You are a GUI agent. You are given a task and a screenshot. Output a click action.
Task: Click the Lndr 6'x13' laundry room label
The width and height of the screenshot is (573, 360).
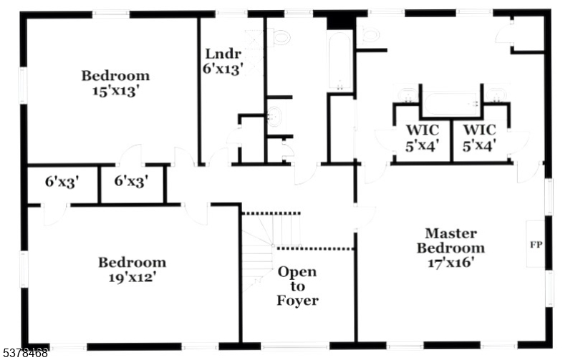pos(223,61)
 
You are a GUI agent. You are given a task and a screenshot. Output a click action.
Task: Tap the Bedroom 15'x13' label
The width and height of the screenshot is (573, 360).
pos(115,83)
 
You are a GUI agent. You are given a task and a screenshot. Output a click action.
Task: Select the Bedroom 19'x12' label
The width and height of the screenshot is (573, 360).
pos(132,269)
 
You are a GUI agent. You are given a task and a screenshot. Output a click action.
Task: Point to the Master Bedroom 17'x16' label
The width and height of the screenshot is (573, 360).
pos(451,248)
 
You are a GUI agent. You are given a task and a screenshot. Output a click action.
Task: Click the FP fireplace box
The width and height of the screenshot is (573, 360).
pos(535,244)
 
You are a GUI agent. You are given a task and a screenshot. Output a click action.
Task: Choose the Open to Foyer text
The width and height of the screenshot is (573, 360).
pos(297,286)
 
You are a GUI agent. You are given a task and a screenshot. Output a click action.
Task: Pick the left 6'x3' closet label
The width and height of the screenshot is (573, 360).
pos(62,182)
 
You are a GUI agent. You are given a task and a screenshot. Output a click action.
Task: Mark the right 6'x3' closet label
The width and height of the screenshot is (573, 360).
pos(130,182)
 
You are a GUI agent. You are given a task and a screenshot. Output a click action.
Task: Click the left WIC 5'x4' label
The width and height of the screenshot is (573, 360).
pos(423,137)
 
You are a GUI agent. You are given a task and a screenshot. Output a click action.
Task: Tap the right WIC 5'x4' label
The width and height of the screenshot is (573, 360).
pos(479,137)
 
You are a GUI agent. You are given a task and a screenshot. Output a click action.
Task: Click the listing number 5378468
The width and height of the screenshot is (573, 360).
pos(25,353)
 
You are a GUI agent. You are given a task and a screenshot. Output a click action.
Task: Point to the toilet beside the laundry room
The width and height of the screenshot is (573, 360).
pos(280,37)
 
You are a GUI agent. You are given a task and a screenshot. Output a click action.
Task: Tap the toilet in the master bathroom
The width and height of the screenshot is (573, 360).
pos(370,34)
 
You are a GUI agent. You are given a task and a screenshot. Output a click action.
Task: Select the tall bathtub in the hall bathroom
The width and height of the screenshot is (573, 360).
pos(340,60)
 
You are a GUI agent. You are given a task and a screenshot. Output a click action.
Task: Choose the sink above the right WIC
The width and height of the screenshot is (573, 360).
pos(495,94)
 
